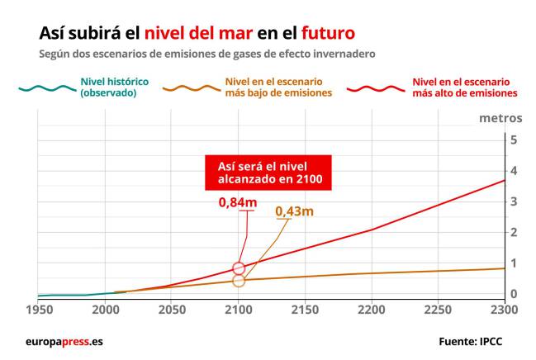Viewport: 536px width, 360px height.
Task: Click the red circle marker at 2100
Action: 239,268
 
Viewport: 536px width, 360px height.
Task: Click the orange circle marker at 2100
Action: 239,281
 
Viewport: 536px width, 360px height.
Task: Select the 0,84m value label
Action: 236,202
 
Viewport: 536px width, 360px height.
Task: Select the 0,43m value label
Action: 295,211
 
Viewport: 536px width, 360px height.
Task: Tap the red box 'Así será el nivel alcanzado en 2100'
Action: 268,172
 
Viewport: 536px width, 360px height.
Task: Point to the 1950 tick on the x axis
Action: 38,310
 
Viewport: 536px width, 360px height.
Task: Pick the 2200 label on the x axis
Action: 372,310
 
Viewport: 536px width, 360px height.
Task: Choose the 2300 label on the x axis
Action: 504,310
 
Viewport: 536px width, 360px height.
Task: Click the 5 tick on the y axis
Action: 514,140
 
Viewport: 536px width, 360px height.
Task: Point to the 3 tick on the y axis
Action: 514,201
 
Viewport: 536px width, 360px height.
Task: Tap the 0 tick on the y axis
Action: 514,294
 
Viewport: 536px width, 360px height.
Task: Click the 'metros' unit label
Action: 500,117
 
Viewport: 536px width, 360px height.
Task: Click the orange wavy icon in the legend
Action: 190,88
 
